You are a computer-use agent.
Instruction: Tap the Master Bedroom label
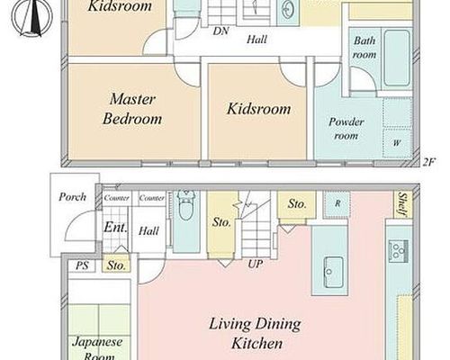[x=132, y=109]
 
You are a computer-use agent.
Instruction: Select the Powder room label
[x=346, y=129]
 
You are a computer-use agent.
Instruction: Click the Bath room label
[x=364, y=48]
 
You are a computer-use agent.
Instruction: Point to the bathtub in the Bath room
[x=397, y=58]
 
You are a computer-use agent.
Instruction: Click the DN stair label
[x=220, y=31]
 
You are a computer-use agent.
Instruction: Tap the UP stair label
[x=256, y=264]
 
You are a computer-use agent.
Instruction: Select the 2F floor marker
[x=428, y=162]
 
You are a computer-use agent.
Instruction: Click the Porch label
[x=72, y=197]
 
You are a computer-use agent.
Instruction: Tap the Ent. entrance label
[x=115, y=228]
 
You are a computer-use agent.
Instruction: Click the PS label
[x=82, y=265]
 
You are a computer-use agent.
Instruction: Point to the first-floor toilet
[x=186, y=205]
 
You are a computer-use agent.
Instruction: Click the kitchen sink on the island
[x=333, y=272]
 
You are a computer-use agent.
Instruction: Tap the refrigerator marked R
[x=337, y=204]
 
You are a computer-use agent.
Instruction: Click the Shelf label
[x=402, y=204]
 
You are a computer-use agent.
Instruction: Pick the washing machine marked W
[x=398, y=143]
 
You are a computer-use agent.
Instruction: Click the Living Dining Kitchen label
[x=256, y=334]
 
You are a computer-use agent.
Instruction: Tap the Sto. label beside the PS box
[x=116, y=265]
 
